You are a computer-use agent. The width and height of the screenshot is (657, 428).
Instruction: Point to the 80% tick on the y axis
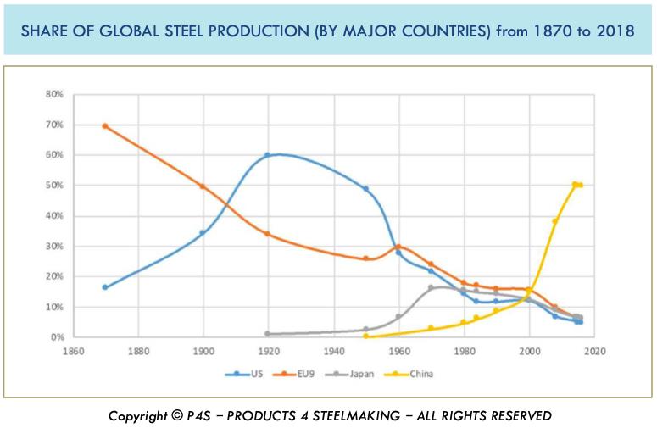coord(54,94)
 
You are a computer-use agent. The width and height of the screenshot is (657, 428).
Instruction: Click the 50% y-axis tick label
coord(54,186)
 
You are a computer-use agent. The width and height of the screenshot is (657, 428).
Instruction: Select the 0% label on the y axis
coord(57,337)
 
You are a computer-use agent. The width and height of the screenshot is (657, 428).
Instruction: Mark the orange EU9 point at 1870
coord(105,125)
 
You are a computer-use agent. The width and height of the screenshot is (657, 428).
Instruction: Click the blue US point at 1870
coord(105,287)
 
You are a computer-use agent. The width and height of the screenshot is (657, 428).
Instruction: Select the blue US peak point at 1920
coord(268,155)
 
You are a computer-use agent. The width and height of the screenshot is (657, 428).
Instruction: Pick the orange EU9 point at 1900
coord(203,186)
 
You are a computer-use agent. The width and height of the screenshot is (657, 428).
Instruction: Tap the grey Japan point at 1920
coord(268,334)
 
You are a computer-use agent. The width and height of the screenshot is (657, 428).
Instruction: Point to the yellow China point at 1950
coord(366,336)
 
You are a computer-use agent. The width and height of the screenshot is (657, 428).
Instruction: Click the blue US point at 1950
coord(366,189)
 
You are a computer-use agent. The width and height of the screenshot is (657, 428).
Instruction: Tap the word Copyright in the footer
coord(138,416)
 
